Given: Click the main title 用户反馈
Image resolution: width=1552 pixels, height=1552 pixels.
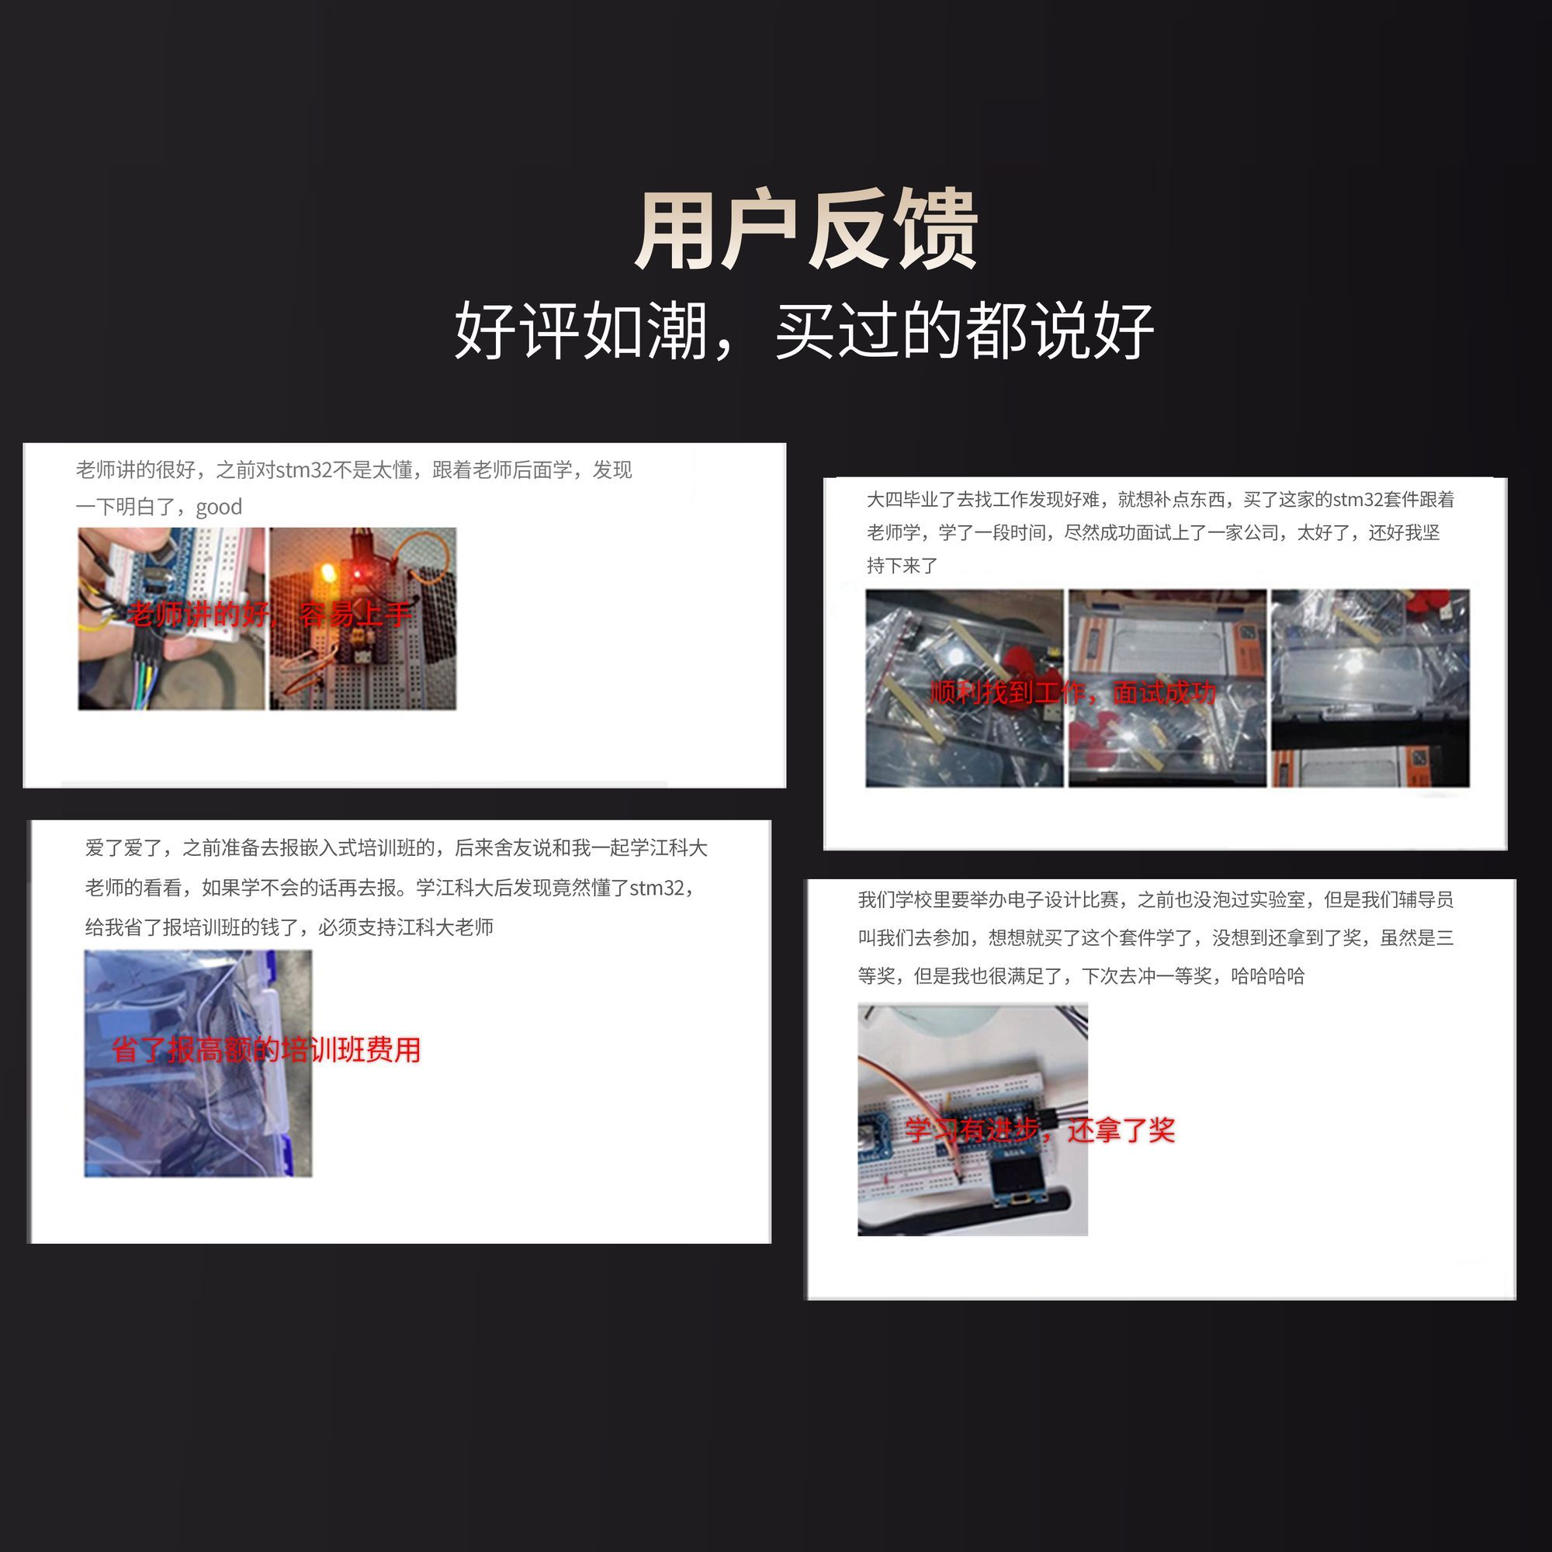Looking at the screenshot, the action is (x=805, y=231).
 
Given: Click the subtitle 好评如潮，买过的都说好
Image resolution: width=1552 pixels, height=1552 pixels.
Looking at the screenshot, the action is (x=804, y=330).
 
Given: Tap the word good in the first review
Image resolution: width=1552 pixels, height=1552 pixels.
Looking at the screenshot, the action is (x=219, y=508).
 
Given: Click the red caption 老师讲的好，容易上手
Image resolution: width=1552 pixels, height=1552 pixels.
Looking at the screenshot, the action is (x=270, y=615).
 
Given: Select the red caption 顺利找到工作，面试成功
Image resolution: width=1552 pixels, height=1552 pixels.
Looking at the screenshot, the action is (x=1072, y=692).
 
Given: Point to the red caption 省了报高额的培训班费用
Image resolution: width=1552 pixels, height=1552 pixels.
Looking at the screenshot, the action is (x=266, y=1050).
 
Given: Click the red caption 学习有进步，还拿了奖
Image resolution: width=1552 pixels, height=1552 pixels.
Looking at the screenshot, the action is (x=1040, y=1131).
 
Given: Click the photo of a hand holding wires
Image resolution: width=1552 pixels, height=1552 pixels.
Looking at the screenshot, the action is (x=171, y=618).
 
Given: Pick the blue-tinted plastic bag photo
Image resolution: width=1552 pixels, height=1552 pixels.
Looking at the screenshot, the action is (x=199, y=1064).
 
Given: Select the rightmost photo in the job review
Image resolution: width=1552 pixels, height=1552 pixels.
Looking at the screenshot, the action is (x=1370, y=688).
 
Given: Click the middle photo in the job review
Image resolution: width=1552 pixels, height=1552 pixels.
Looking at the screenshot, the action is (x=1167, y=688).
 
